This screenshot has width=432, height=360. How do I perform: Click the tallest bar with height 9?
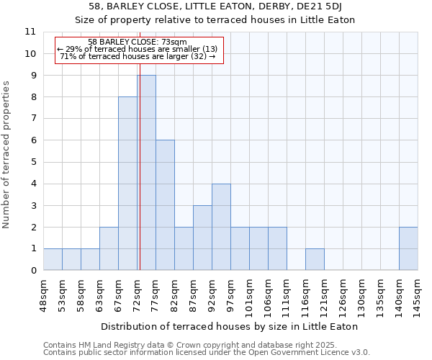click(146, 173)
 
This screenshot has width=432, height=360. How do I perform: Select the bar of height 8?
click(127, 184)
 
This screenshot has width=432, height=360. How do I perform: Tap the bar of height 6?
click(165, 205)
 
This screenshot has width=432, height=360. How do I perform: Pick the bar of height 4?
click(221, 227)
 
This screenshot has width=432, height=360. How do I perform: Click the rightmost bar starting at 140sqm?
click(408, 248)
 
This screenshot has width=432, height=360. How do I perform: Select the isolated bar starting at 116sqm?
click(315, 259)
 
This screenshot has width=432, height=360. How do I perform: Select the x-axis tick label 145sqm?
click(418, 293)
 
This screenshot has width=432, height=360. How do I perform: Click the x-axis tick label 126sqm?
click(343, 293)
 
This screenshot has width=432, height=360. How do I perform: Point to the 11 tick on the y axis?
click(30, 32)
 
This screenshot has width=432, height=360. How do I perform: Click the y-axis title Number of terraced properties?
click(7, 155)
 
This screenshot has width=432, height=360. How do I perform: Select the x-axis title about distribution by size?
click(230, 326)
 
